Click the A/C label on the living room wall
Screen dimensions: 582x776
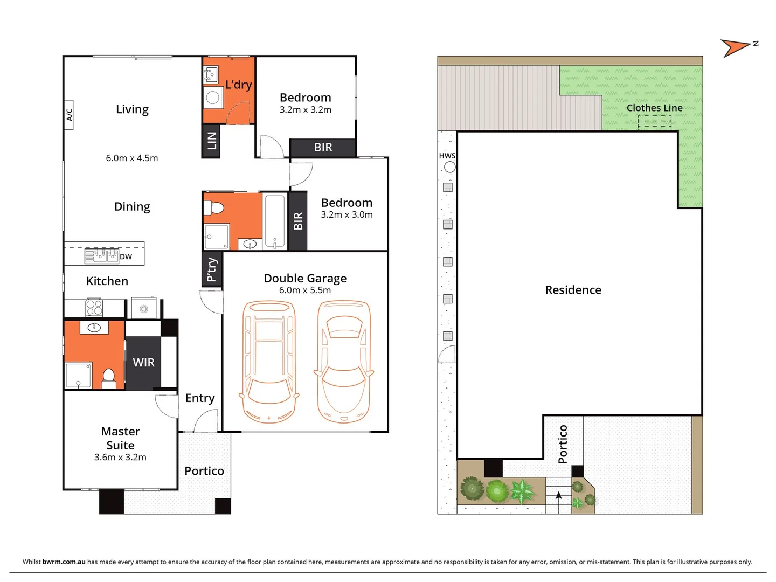point(69,114)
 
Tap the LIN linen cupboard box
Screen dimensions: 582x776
point(211,141)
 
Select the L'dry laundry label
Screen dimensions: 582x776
point(238,85)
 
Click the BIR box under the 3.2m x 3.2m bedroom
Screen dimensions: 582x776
point(323,148)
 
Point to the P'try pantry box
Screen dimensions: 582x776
point(212,269)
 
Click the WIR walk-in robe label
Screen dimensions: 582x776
point(143,363)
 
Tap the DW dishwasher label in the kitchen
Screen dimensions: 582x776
point(126,257)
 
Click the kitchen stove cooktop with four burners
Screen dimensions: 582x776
point(94,308)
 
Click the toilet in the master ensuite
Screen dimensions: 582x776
point(109,377)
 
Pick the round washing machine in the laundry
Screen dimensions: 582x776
point(213,98)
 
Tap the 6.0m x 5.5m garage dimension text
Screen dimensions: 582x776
point(305,290)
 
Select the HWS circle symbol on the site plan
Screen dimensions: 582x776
point(449,167)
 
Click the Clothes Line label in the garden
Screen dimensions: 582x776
point(654,108)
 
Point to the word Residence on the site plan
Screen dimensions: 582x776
point(573,290)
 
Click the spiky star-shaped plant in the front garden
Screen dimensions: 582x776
point(522,491)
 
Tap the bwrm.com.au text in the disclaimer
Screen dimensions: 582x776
point(64,562)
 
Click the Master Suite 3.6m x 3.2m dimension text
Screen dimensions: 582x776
point(120,458)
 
